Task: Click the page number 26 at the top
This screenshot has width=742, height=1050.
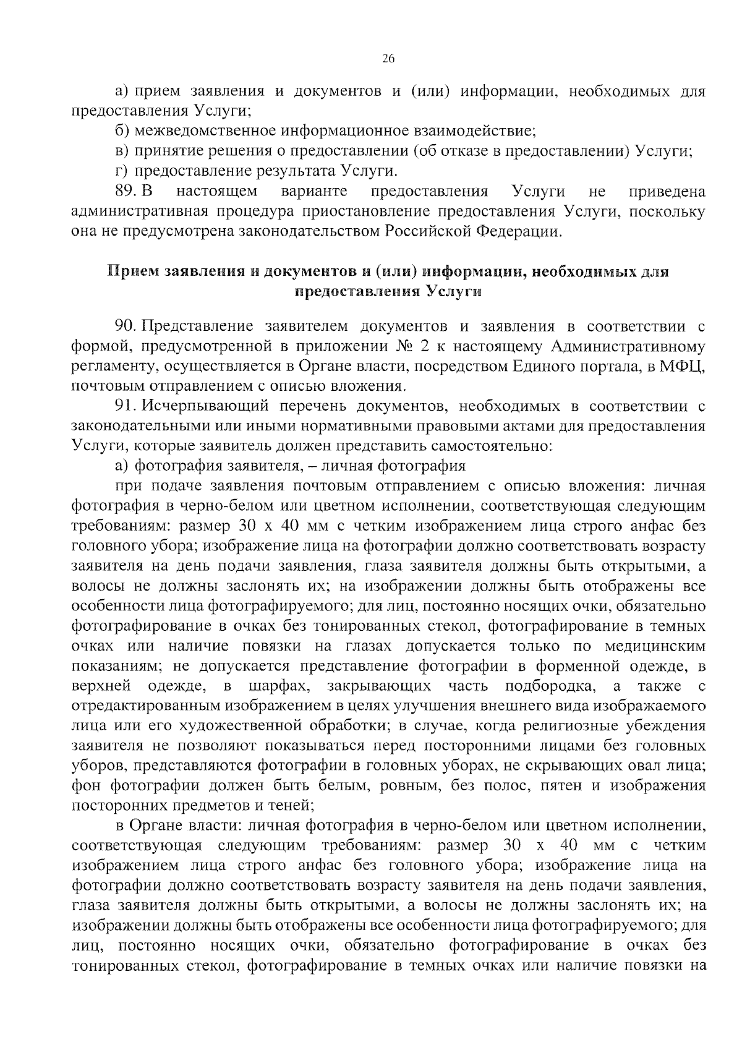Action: click(388, 59)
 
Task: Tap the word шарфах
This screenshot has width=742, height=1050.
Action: click(278, 686)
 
